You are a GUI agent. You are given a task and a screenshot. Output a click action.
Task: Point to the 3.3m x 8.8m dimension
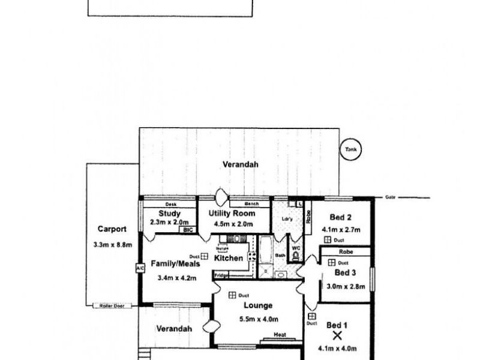click(112, 244)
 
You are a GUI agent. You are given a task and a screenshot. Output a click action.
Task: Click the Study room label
click(170, 214)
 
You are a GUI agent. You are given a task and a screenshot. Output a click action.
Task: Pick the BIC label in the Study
click(188, 230)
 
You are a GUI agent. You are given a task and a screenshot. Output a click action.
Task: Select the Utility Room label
click(232, 214)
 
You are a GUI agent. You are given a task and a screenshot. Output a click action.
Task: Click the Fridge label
click(221, 275)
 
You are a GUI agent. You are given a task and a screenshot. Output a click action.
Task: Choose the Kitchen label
click(229, 259)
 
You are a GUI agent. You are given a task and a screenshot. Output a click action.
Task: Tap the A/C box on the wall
click(140, 268)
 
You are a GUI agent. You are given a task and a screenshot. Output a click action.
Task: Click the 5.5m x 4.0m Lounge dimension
click(259, 319)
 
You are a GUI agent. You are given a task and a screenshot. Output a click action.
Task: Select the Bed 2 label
click(340, 218)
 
